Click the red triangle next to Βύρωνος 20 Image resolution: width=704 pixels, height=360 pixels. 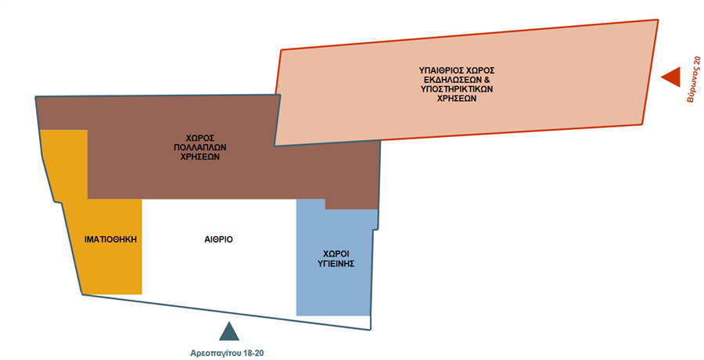pos(671,77)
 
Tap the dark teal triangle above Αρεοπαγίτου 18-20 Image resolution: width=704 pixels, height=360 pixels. pos(228,332)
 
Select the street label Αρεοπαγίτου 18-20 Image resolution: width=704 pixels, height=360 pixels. pos(228,353)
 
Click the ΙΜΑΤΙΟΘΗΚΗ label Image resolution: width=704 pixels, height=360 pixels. pos(112,240)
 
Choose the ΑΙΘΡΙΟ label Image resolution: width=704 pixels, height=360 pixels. pos(218,239)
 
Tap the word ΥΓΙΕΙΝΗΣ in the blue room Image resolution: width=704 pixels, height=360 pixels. pos(338,265)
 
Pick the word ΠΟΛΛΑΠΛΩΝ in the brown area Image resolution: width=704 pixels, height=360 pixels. pos(196,146)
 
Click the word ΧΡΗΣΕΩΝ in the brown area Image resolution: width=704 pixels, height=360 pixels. pos(196,156)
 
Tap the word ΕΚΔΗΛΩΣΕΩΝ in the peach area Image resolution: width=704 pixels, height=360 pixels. pos(452,81)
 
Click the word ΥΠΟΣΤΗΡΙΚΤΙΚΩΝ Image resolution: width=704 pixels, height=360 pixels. pos(458,90)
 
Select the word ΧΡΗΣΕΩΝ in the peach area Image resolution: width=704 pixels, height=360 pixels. pos(458,100)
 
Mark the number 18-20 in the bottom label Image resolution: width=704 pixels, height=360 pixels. pos(252,353)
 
